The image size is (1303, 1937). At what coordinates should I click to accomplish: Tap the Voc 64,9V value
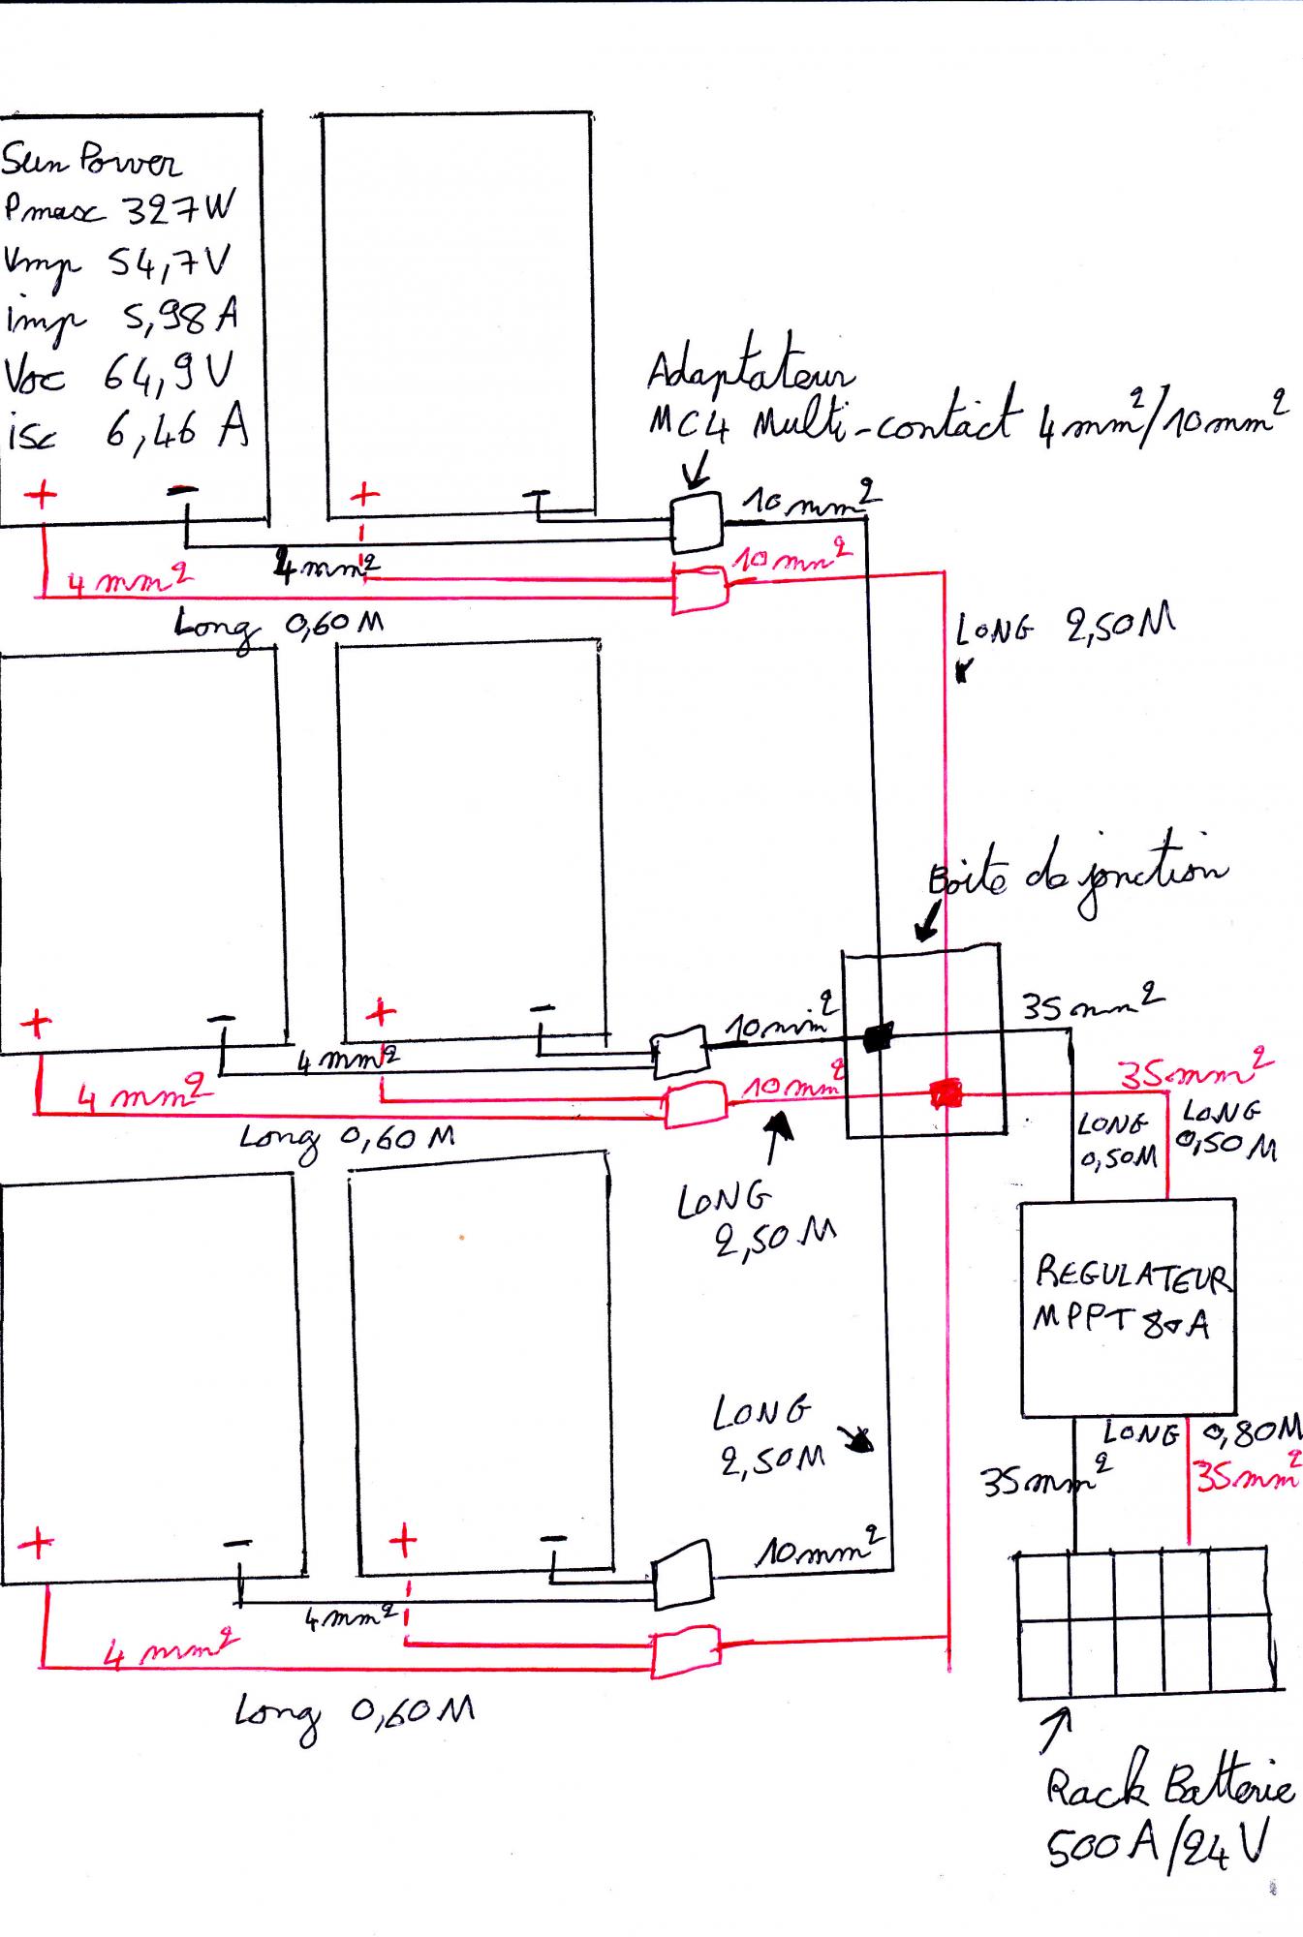point(171,373)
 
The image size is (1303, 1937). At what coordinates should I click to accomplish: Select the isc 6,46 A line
point(126,429)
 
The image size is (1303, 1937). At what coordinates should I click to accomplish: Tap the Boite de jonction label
point(1075,876)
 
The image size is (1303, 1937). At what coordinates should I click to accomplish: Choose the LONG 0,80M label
point(1201,1431)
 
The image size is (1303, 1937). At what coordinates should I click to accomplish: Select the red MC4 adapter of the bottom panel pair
point(685,1652)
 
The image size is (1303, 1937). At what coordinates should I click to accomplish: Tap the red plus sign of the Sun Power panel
point(41,495)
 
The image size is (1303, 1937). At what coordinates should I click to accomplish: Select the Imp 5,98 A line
point(121,319)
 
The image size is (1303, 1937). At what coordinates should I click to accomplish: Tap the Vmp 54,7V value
point(170,262)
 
